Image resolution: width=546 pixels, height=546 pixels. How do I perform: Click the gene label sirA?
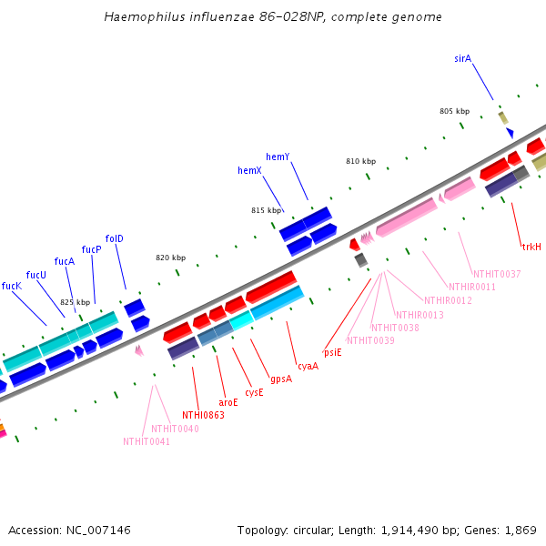click(x=462, y=58)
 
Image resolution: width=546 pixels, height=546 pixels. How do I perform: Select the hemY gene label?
click(x=278, y=157)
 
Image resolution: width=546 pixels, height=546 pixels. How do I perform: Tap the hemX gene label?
click(x=249, y=170)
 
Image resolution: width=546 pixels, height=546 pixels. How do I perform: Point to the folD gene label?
click(x=114, y=238)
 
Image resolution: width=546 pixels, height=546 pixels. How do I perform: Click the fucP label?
click(x=91, y=249)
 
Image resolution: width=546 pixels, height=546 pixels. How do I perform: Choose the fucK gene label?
click(x=11, y=286)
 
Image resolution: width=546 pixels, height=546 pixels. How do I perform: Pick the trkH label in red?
click(x=531, y=247)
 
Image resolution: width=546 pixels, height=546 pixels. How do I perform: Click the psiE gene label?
click(x=333, y=352)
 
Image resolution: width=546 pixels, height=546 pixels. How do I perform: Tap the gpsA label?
click(x=281, y=379)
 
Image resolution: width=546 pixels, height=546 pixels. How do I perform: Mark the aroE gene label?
click(x=228, y=401)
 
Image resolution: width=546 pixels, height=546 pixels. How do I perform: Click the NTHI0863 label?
click(x=203, y=415)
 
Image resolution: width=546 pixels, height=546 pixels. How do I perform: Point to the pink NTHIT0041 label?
click(x=147, y=441)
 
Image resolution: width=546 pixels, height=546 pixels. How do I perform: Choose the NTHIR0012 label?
click(x=446, y=300)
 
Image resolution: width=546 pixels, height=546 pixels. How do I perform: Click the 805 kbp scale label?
click(x=454, y=111)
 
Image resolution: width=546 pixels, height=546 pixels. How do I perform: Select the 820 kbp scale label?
click(x=170, y=258)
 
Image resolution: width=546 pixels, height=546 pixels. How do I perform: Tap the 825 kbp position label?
click(x=76, y=301)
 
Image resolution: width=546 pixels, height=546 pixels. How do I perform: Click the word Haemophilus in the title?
click(x=139, y=16)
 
